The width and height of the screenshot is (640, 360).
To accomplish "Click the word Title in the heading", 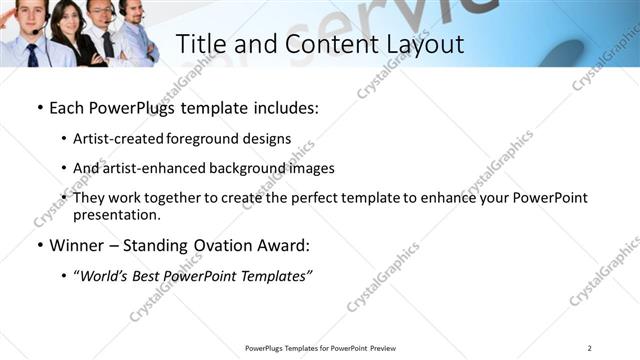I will [x=200, y=45].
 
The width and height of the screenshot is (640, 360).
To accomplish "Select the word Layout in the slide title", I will [x=419, y=45].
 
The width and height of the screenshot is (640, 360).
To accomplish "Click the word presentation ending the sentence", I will [x=115, y=214].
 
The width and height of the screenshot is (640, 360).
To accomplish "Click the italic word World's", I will [x=106, y=276].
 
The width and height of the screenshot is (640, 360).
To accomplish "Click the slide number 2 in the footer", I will [x=590, y=347].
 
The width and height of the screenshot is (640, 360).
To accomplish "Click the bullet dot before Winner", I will [x=39, y=245].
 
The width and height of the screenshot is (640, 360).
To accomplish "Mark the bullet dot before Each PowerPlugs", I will [x=39, y=105].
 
